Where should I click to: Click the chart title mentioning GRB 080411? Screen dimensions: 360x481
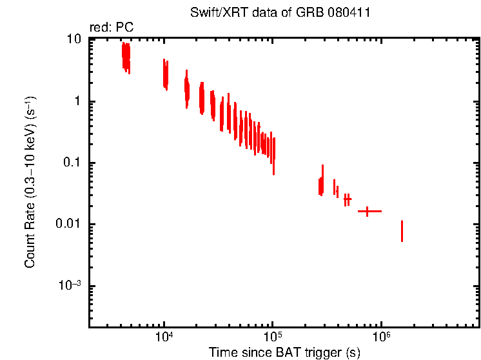pyautogui.click(x=284, y=13)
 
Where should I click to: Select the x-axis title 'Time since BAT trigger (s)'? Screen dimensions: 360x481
pyautogui.click(x=284, y=352)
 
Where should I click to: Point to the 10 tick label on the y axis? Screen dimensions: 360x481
pyautogui.click(x=74, y=40)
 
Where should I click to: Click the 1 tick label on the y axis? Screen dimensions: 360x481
pyautogui.click(x=77, y=101)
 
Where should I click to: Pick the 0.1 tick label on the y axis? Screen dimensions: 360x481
pyautogui.click(x=72, y=163)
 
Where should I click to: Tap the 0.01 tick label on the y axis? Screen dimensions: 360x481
pyautogui.click(x=70, y=225)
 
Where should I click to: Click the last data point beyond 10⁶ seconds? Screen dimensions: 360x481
pyautogui.click(x=402, y=231)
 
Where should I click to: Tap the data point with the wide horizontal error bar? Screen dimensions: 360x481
pyautogui.click(x=368, y=211)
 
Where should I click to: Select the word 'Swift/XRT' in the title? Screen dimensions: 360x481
pyautogui.click(x=213, y=13)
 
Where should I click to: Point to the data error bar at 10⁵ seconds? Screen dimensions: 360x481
pyautogui.click(x=274, y=155)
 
